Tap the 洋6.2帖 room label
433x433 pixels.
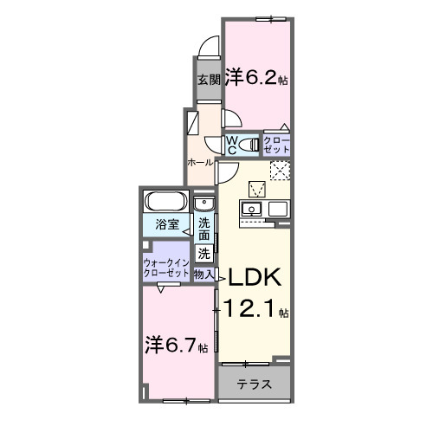257,77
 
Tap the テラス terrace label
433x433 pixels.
255,385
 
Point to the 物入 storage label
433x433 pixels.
204,274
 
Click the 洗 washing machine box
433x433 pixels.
204,254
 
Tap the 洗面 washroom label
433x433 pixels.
204,228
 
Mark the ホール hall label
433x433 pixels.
199,162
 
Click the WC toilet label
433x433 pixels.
233,144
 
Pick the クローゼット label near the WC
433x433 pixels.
277,145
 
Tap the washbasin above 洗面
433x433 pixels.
204,204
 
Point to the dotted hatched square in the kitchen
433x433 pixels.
281,171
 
